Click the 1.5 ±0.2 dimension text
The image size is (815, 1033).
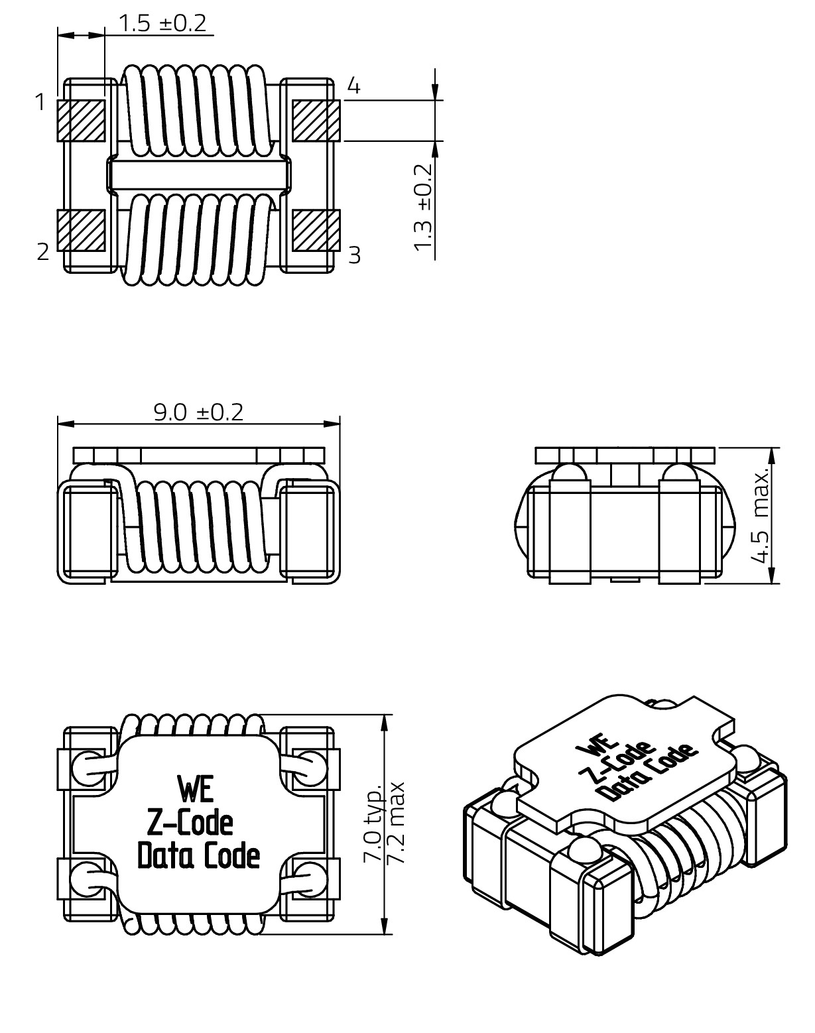tap(162, 24)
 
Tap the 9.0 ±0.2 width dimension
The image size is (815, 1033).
tap(198, 412)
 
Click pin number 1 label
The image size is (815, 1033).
tap(40, 103)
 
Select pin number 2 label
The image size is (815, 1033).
tap(43, 252)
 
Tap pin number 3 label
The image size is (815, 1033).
tap(355, 255)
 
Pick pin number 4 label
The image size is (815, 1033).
tap(354, 86)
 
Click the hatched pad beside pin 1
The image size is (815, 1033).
tap(82, 121)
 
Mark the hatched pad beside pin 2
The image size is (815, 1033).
tap(82, 230)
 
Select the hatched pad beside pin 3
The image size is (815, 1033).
tap(316, 230)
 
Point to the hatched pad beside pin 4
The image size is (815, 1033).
tap(316, 121)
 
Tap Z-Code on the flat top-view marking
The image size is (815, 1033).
tap(189, 823)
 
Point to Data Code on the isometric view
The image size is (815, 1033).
tap(647, 773)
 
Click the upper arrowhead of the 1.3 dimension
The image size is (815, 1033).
tap(434, 94)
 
